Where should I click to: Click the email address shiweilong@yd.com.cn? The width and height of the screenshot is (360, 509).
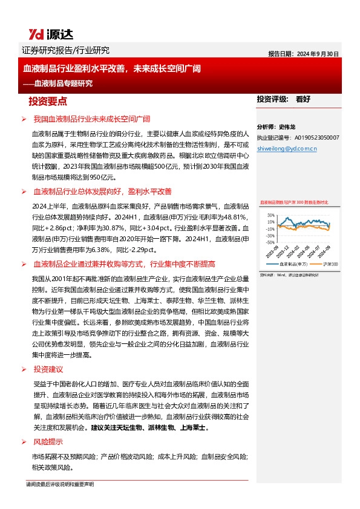tap(287, 148)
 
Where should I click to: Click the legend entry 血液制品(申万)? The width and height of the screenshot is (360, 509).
tap(294, 264)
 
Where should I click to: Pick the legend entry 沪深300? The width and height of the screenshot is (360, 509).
tap(330, 264)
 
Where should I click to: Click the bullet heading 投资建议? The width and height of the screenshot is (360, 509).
tap(48, 369)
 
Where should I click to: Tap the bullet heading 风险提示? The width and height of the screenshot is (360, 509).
tap(48, 443)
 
